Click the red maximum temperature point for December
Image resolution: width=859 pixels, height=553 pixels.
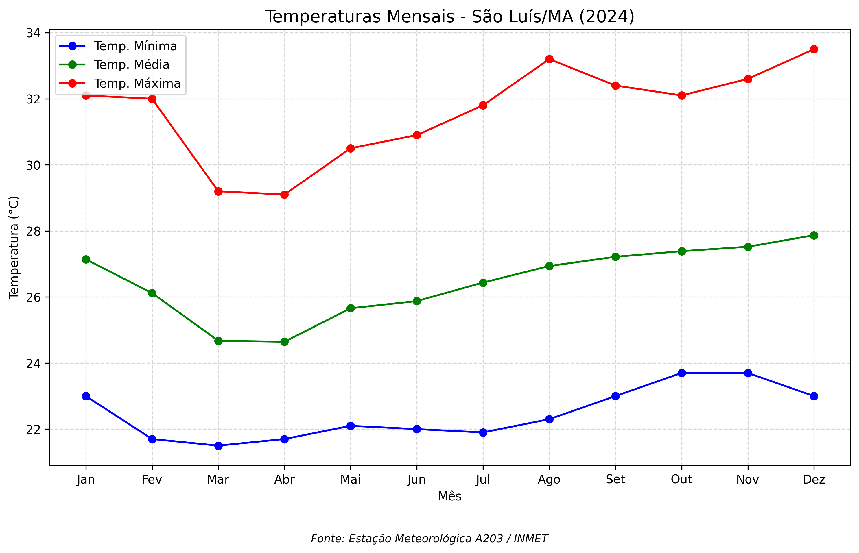(814, 49)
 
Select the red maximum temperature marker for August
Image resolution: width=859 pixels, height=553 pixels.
(549, 59)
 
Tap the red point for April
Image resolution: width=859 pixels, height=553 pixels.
(284, 195)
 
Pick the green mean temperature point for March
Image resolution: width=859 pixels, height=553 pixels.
(218, 341)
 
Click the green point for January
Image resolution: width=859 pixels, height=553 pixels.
(86, 260)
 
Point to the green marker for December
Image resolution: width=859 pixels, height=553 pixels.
(814, 236)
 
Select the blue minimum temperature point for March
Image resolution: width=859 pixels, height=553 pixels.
(218, 446)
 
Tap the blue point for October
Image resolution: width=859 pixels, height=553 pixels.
(681, 373)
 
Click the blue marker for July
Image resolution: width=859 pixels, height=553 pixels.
(483, 433)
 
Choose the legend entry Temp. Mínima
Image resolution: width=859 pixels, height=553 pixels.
(135, 46)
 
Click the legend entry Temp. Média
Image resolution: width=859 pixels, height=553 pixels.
(132, 65)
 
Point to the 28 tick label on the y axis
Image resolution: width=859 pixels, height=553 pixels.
(33, 231)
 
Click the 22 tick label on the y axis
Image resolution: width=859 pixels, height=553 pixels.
(33, 430)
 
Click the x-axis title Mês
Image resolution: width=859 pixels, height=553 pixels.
(449, 496)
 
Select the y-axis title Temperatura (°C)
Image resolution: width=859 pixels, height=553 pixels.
(14, 247)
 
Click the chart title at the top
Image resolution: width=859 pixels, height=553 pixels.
(449, 16)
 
